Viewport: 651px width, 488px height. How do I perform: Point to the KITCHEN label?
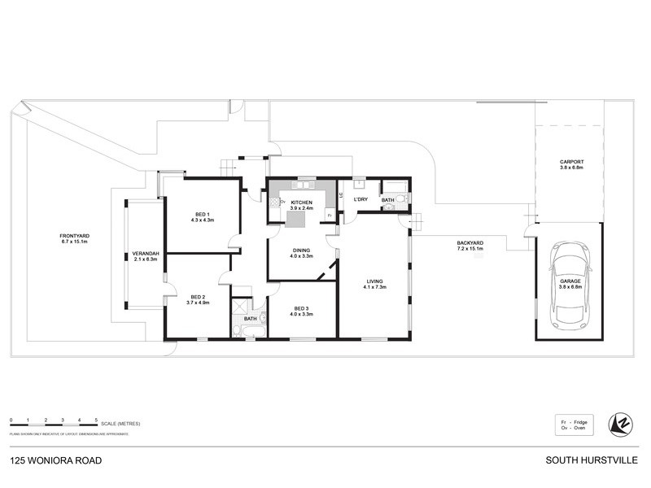coord(301,203)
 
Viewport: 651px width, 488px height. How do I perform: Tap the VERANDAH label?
coord(145,255)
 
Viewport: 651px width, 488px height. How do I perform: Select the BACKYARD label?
coord(470,244)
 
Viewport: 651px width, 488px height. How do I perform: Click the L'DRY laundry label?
coord(360,199)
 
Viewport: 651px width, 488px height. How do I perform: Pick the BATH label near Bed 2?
coord(250,319)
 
